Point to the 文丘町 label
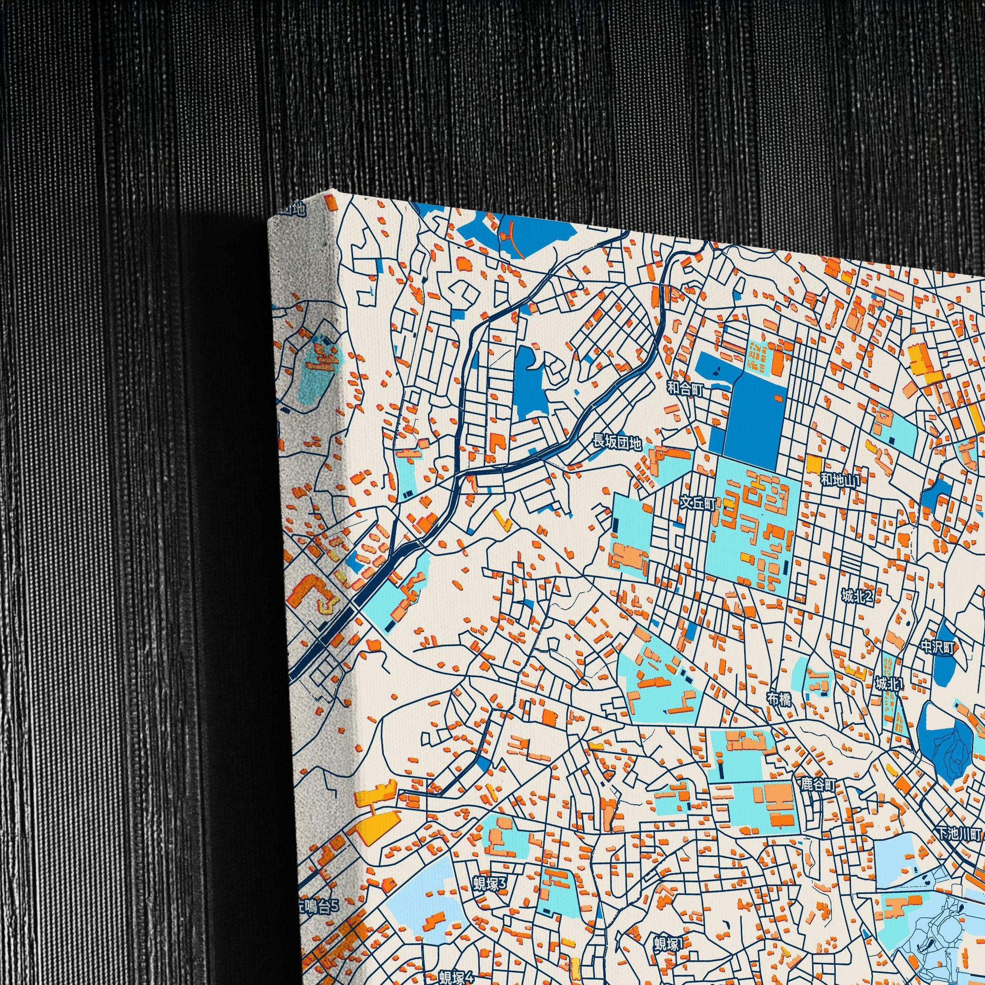698,503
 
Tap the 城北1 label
889,683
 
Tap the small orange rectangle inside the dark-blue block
778,398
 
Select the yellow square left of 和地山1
814,464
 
